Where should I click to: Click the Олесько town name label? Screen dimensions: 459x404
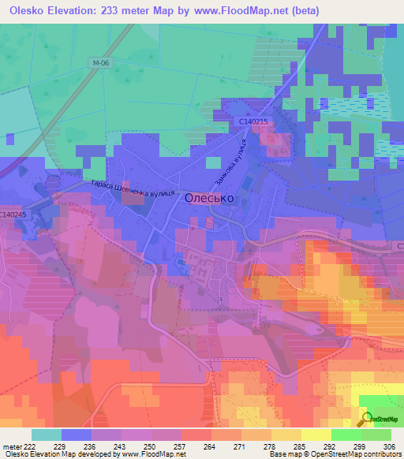coord(208,199)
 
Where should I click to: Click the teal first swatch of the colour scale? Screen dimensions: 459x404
coord(47,435)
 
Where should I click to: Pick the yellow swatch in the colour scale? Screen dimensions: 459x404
coord(316,435)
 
